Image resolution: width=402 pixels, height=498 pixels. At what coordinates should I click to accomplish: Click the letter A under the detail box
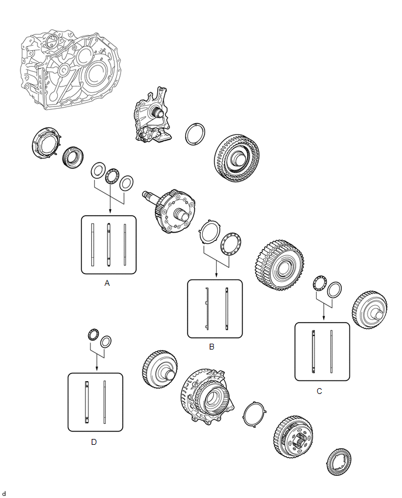coord(107,283)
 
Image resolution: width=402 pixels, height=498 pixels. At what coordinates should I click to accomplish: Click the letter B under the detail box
coord(212,347)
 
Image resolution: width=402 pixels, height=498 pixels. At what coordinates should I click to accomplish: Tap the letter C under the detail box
coord(320,391)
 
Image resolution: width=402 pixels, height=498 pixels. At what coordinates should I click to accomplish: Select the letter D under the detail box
coord(93,442)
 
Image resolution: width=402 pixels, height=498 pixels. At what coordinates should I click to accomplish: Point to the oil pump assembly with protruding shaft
coord(152,115)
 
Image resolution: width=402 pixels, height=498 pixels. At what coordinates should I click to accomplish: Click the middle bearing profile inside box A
coord(109,244)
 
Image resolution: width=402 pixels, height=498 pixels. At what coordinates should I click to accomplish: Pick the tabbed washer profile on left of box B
coord(207,309)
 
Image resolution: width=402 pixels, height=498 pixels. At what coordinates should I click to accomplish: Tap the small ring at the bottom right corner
coord(339,462)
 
